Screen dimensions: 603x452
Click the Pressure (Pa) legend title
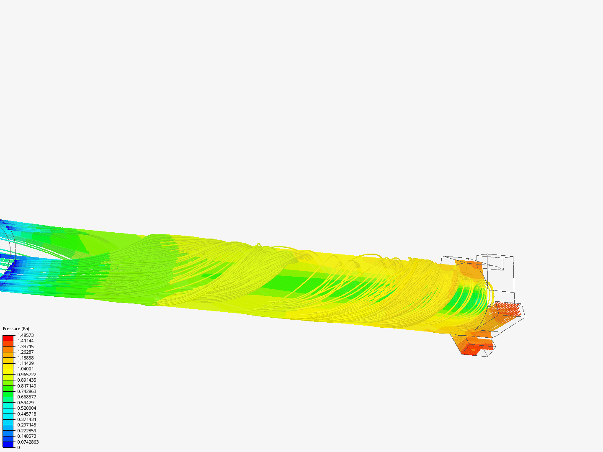[16, 329]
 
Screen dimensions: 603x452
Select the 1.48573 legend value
[26, 335]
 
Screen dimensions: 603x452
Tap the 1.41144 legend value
[26, 341]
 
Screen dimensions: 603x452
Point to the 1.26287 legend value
[26, 352]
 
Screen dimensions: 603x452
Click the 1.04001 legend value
[26, 369]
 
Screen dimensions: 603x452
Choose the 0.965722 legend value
[27, 374]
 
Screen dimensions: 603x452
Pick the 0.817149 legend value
[27, 385]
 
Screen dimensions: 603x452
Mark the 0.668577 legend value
[27, 397]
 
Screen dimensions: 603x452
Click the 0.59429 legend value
[26, 403]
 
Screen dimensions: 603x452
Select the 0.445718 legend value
[27, 414]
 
